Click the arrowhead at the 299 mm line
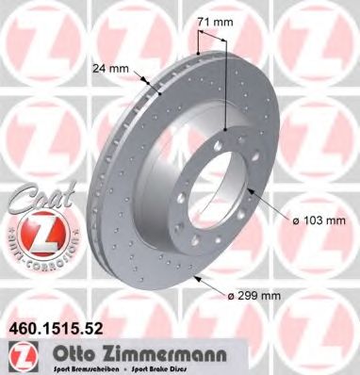pyautogui.click(x=197, y=280)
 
